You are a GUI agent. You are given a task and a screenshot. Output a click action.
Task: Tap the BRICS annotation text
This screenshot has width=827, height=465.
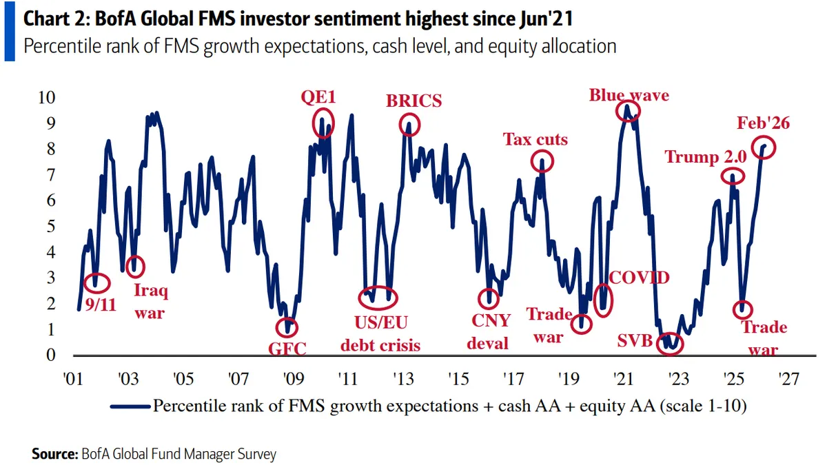pyautogui.click(x=413, y=101)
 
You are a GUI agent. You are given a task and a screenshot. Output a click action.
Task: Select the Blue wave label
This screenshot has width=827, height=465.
pyautogui.click(x=629, y=95)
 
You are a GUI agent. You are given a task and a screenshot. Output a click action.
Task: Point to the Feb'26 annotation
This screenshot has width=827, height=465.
pyautogui.click(x=763, y=123)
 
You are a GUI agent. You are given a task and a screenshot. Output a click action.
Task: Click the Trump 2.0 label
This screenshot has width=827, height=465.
pyautogui.click(x=705, y=157)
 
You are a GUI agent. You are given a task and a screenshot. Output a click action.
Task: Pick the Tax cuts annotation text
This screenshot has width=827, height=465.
pyautogui.click(x=535, y=140)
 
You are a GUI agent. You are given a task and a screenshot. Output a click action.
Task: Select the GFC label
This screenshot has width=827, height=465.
pyautogui.click(x=286, y=347)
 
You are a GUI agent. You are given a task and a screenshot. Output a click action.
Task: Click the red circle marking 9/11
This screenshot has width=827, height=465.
pyautogui.click(x=96, y=282)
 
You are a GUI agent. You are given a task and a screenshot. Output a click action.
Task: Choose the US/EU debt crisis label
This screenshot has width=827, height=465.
pyautogui.click(x=380, y=333)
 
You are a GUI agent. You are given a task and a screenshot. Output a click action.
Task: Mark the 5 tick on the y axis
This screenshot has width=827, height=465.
pyautogui.click(x=50, y=227)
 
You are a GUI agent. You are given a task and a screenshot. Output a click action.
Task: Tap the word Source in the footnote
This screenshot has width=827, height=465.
pyautogui.click(x=54, y=454)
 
